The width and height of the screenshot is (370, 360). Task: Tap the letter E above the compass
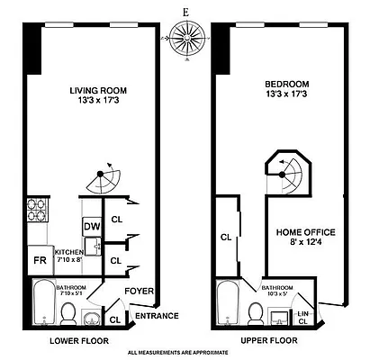[185, 13]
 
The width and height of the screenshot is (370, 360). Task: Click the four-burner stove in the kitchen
[41, 214]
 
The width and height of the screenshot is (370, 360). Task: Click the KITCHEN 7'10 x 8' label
[68, 255]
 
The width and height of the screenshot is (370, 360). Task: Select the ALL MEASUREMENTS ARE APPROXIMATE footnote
[185, 353]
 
